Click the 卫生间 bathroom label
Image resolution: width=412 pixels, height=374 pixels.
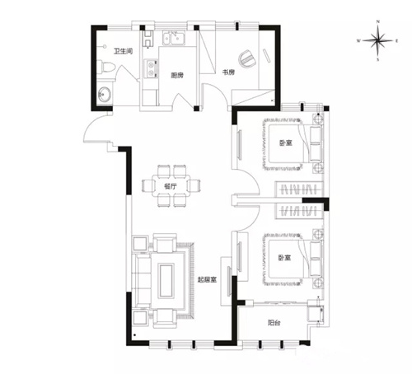click(x=124, y=51)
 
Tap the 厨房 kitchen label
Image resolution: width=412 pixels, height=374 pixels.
click(x=177, y=75)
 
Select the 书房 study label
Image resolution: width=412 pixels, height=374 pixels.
click(x=228, y=72)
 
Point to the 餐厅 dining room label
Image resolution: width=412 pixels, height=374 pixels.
click(x=171, y=186)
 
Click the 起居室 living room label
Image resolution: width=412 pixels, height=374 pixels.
click(x=208, y=279)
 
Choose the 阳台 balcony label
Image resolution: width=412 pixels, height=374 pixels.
click(x=274, y=323)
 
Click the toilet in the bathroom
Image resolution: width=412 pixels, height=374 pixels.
click(x=107, y=67)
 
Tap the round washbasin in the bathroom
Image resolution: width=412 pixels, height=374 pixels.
click(x=105, y=94)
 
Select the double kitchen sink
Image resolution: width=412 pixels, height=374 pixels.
click(x=174, y=38)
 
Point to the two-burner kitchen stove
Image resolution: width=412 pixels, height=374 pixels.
click(x=151, y=68)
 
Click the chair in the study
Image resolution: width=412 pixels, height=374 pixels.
click(x=247, y=58)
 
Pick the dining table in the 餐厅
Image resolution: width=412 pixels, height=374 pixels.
click(x=171, y=185)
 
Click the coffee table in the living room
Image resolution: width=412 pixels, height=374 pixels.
click(x=166, y=280)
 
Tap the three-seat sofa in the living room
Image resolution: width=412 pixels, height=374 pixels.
click(x=142, y=280)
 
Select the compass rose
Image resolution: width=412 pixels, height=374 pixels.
click(x=378, y=40)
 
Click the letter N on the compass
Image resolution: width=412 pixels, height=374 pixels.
click(x=378, y=21)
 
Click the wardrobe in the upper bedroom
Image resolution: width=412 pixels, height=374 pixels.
click(x=299, y=189)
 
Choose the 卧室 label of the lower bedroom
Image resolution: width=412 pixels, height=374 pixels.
click(x=285, y=258)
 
